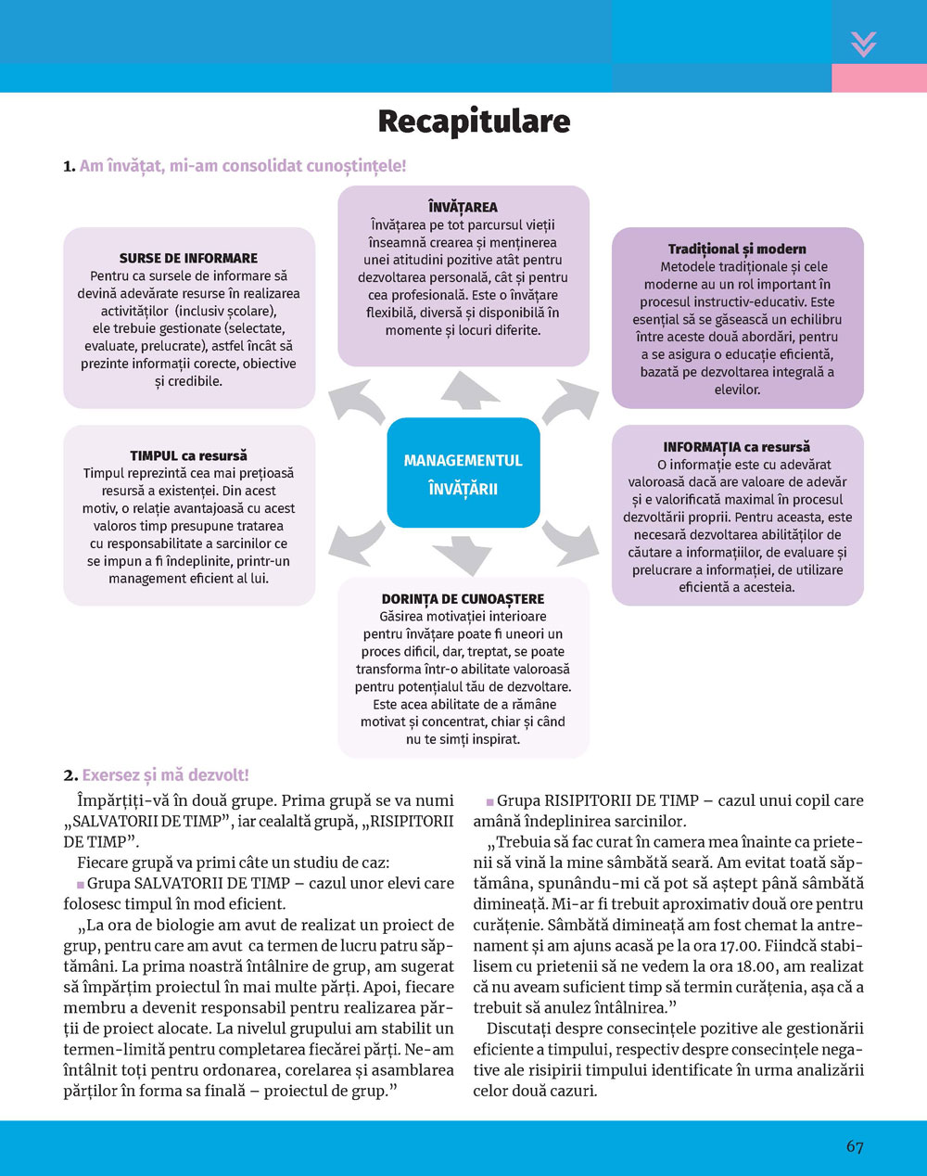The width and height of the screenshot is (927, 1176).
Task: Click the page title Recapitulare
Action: pos(474,121)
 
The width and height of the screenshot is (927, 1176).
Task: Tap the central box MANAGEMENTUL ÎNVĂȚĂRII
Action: pos(463,474)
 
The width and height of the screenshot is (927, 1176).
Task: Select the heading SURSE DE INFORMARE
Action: pos(188,258)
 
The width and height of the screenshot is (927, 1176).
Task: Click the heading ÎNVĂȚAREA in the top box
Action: pos(463,207)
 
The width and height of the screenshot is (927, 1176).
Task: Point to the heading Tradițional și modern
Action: pos(737,249)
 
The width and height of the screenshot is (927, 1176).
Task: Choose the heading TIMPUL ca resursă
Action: pos(188,455)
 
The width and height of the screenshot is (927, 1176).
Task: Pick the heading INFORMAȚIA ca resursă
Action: pos(736,447)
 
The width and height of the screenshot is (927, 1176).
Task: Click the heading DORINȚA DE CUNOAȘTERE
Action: pos(463,599)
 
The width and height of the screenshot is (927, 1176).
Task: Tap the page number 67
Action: pos(855,1146)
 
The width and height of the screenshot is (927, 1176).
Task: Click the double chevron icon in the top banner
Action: pos(863,44)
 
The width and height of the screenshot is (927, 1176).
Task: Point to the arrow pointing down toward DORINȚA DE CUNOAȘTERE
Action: pos(462,554)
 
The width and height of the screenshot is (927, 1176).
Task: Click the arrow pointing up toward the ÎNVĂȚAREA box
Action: pos(469,390)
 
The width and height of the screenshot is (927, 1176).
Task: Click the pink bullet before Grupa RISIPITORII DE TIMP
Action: pos(490,801)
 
